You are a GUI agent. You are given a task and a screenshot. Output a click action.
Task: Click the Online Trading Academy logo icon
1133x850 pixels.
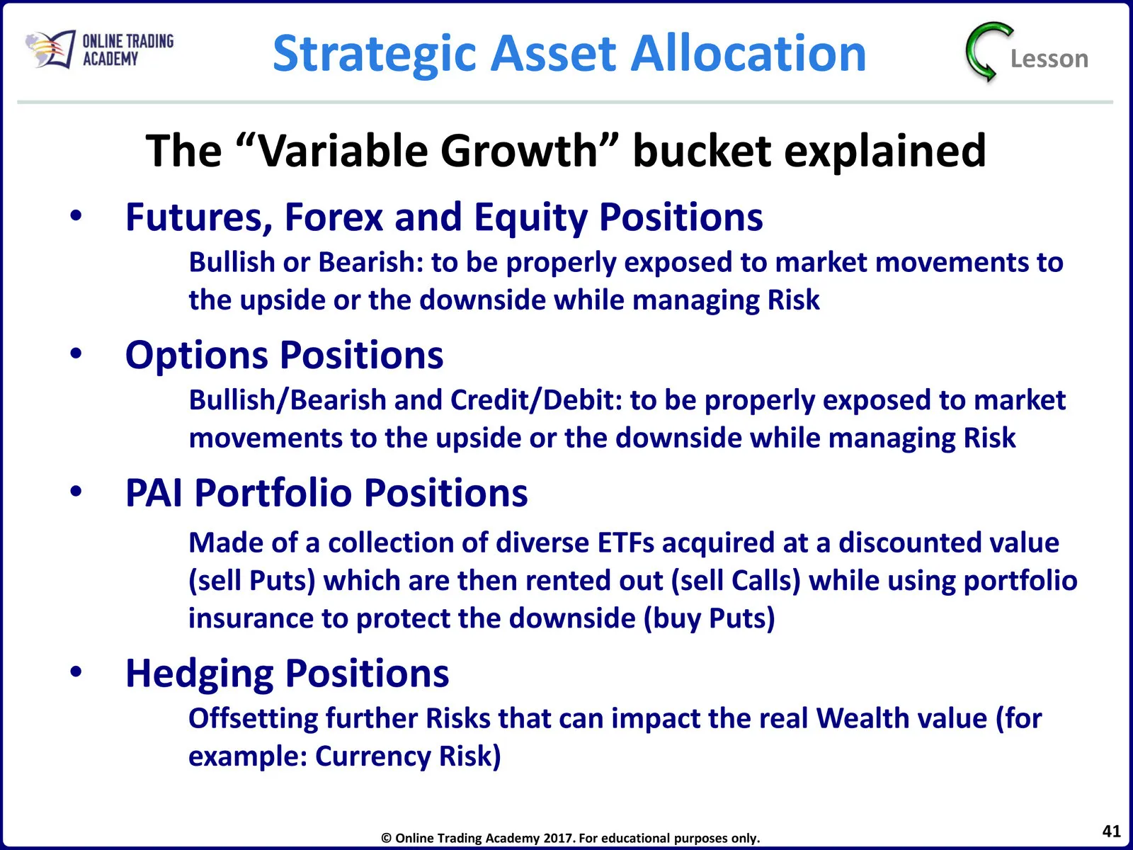[50, 49]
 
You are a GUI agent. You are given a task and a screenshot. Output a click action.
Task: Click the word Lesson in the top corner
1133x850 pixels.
[1049, 59]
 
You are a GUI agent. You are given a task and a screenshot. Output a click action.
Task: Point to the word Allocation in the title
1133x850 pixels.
[748, 52]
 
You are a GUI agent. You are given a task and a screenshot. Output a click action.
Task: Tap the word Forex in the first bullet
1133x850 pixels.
[334, 217]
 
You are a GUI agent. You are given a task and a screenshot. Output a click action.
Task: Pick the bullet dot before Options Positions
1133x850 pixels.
[76, 353]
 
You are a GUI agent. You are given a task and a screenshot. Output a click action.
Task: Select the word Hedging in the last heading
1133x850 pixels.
[199, 675]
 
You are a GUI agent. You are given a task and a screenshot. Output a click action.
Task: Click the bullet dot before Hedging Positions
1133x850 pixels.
[76, 671]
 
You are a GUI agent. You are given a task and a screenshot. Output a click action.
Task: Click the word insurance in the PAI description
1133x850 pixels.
[251, 618]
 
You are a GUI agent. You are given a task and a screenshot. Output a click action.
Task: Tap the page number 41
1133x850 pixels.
[1111, 831]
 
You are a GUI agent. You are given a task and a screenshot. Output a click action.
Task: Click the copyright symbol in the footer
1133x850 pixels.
[386, 838]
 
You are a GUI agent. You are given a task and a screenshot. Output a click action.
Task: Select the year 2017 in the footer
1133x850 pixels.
[558, 838]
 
